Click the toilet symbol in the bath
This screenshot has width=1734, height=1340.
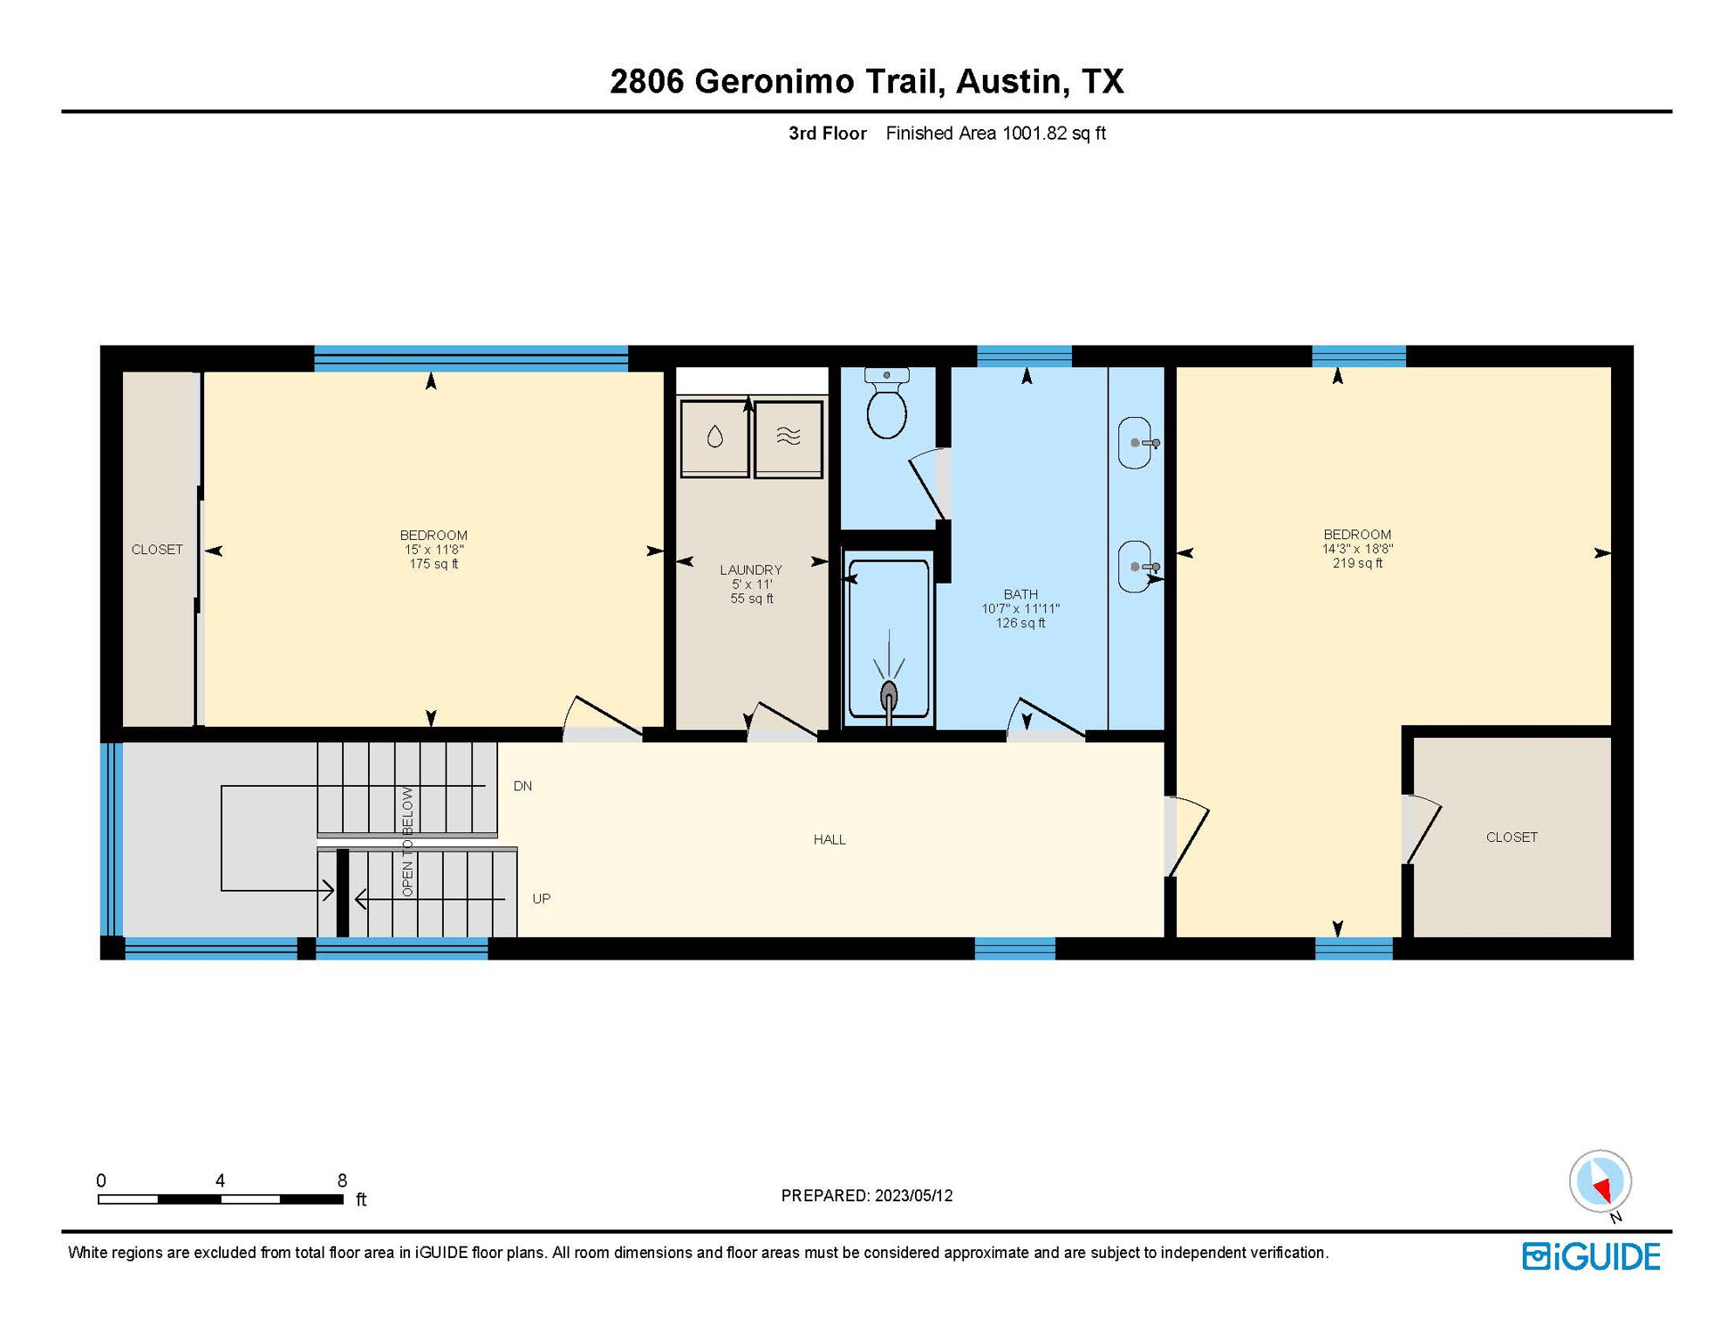[887, 406]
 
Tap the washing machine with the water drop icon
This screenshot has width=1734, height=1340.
[714, 437]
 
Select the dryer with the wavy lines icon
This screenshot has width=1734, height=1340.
[788, 437]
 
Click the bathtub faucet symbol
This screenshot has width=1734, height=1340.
[889, 698]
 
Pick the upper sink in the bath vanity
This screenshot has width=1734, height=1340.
[1135, 443]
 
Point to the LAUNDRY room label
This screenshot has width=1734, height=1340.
[751, 570]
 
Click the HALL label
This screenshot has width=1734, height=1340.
[829, 839]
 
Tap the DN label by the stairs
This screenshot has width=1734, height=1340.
[522, 786]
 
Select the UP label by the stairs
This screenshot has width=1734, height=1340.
[541, 899]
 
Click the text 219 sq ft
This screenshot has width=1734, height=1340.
[1357, 564]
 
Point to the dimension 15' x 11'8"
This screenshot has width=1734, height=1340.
[433, 550]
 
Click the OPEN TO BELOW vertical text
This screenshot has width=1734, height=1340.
[407, 842]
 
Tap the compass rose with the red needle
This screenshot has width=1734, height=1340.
[1600, 1181]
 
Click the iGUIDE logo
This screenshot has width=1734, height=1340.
[1591, 1257]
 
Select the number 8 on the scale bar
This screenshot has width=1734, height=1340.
[342, 1180]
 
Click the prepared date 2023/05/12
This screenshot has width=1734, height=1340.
[913, 1195]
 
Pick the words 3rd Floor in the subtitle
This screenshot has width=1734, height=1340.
[827, 133]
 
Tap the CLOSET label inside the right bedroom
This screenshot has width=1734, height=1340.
[1512, 837]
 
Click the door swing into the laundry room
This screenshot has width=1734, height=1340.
[782, 721]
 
